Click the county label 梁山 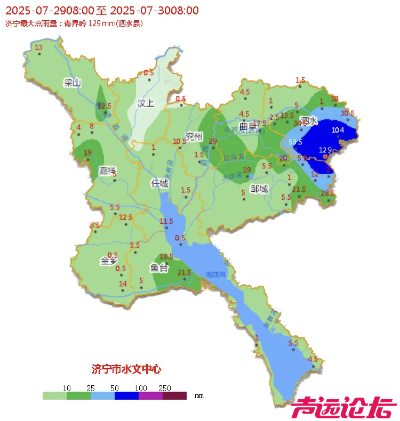pos(72,83)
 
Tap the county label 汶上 pos(146,103)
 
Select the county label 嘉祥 pos(107,171)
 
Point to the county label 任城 pos(159,183)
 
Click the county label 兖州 pos(194,137)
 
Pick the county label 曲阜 pos(248,127)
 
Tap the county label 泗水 pos(309,121)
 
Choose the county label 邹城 pos(259,189)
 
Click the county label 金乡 pos(108,261)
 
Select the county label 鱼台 pos(159,268)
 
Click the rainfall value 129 pos(325,150)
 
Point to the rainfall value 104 pos(338,130)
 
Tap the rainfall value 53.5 pos(295,142)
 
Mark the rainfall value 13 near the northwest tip pos(38,47)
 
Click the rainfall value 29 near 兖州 pos(213,141)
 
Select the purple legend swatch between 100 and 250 pos(150,396)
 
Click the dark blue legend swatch pos(126,396)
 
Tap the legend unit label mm pos(199,396)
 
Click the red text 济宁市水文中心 pos(126,369)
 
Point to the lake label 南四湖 pos(215,274)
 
